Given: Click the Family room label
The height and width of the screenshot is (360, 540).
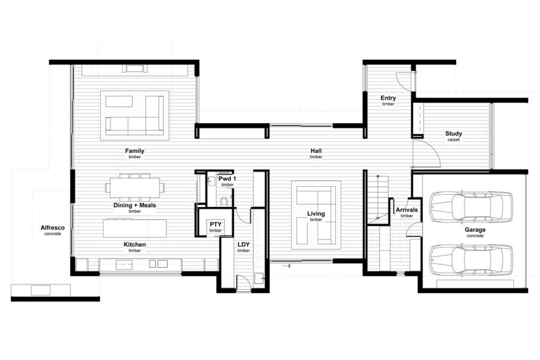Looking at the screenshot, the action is [x=135, y=151].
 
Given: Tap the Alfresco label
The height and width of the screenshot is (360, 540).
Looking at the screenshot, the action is [x=53, y=228].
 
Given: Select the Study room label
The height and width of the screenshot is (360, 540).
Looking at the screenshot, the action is [x=453, y=133].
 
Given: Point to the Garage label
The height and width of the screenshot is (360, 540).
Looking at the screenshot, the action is [x=475, y=230].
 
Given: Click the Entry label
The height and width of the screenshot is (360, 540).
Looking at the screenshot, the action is [x=388, y=98].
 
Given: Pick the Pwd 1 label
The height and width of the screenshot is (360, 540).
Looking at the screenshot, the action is [x=227, y=179].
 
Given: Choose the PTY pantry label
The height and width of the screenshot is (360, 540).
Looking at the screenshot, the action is [x=215, y=224].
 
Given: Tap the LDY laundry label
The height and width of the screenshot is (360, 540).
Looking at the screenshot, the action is [x=243, y=244].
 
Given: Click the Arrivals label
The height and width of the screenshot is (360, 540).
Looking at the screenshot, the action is [x=406, y=209].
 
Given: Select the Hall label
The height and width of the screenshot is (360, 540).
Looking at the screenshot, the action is [x=316, y=151].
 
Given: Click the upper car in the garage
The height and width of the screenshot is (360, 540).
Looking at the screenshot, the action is [x=471, y=206].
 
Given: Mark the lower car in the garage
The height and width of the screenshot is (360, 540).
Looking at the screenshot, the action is [x=471, y=259].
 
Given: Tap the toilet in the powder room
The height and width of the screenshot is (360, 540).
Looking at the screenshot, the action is [x=224, y=201].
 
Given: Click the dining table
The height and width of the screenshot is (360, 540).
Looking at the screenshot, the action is [x=135, y=187].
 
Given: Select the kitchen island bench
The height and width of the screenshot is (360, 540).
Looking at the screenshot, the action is [x=135, y=228].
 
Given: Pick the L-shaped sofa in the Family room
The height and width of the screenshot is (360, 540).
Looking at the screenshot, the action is [x=135, y=116].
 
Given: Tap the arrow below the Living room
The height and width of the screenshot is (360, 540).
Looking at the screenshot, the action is [x=287, y=266].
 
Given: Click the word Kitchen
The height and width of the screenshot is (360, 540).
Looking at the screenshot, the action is [x=135, y=245].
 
